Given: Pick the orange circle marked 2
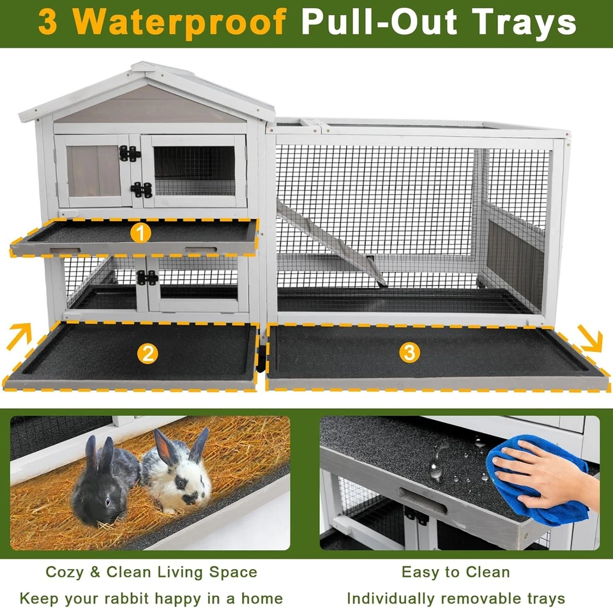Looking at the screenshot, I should [148, 353].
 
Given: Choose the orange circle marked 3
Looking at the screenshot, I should [409, 352].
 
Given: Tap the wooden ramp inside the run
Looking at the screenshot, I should [332, 243].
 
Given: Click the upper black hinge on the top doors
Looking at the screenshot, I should [130, 153].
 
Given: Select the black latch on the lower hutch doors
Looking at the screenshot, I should [148, 278].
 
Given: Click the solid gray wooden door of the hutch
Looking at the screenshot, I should [95, 171].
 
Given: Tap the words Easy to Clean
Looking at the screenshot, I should [455, 572].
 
